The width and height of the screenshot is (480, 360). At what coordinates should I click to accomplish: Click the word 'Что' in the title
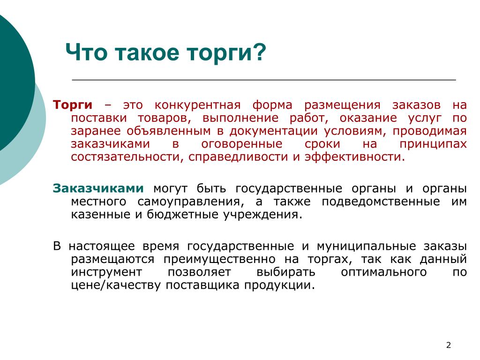[x=86, y=52]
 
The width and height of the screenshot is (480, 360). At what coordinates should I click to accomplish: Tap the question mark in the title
[x=260, y=52]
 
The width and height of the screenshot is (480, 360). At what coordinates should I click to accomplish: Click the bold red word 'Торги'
[x=73, y=105]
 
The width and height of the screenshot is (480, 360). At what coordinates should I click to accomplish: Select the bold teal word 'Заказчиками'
[x=98, y=188]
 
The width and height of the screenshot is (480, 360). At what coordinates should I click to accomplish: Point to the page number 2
[x=449, y=345]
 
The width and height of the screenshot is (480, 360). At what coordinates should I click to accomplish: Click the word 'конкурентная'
[x=197, y=105]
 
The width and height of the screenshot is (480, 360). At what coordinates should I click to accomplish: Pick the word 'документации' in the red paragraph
[x=273, y=132]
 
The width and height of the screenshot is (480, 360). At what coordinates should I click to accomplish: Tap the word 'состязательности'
[x=127, y=157]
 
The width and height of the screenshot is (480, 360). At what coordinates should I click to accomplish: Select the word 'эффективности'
[x=354, y=157]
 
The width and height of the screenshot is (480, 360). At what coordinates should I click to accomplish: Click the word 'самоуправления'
[x=191, y=202]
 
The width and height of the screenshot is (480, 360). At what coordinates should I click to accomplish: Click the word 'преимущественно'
[x=219, y=260]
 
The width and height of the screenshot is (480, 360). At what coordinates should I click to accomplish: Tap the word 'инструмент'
[x=106, y=272]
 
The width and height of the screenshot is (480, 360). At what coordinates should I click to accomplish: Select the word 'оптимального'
[x=383, y=272]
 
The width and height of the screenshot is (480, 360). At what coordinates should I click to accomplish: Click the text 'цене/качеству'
[x=116, y=285]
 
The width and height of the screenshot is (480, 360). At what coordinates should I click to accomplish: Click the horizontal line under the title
[x=264, y=80]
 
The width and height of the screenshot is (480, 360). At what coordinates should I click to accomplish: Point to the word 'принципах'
[x=433, y=144]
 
